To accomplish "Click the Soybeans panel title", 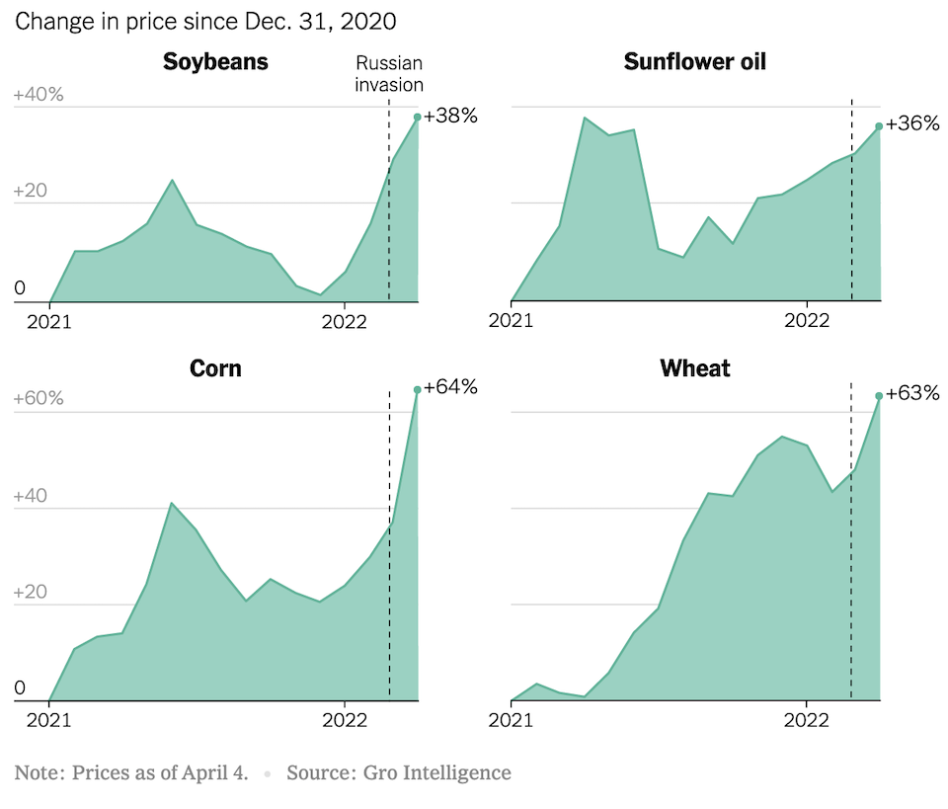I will coord(215,62).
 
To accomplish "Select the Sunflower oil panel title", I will coord(695,62).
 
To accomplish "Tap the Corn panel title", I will coord(215,368).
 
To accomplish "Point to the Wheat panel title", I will coord(695,368).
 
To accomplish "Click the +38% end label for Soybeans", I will coord(450,116).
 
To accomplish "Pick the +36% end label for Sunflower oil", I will coord(912,124).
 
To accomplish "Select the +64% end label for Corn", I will coord(450,386).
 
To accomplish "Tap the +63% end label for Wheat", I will coord(912,393).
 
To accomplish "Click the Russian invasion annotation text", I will coord(389,74).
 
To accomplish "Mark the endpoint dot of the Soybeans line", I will coord(418,117).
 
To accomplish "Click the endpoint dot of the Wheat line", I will coord(880,396).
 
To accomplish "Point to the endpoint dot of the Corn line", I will coord(418,389).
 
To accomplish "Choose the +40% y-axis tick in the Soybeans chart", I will coord(39,96).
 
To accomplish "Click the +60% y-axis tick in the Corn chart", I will coord(39,398).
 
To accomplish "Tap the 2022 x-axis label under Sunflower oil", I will coord(807,320).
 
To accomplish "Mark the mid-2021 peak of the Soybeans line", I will coord(172,181).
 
